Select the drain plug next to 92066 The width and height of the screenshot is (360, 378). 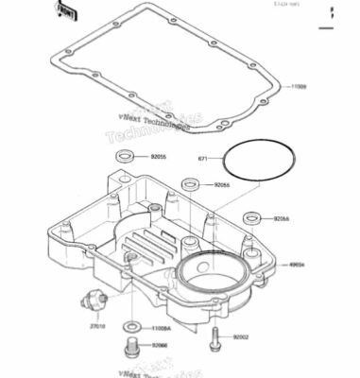click(133, 349)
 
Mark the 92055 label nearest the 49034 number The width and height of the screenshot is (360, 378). click(281, 218)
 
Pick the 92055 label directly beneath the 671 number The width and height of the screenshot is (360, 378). click(222, 185)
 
